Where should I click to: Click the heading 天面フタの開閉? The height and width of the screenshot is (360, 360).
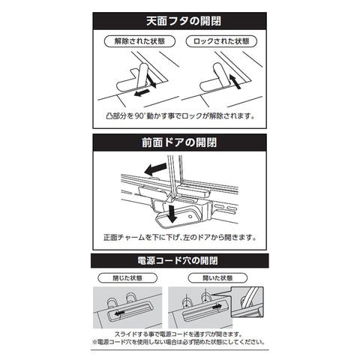[184, 21]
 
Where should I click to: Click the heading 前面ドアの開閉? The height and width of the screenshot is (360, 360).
[179, 142]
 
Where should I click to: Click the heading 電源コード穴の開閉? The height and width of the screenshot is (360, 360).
[178, 261]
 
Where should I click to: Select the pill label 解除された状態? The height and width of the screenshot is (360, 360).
[139, 41]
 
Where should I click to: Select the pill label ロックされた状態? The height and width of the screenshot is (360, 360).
[221, 41]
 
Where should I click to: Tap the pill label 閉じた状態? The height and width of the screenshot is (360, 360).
[127, 278]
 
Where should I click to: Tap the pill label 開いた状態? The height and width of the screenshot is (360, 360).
[217, 278]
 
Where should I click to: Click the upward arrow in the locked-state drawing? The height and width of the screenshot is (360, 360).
[235, 81]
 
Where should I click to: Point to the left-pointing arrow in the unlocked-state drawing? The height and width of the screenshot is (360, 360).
[142, 93]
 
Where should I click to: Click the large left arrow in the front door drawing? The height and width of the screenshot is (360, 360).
[155, 169]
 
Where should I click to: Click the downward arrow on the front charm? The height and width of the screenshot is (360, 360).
[172, 214]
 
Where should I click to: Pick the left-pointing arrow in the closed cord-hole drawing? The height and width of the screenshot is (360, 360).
[119, 313]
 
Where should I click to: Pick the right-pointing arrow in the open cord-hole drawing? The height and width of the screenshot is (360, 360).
[216, 306]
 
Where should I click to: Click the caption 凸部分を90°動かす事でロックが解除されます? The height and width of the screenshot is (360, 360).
[180, 116]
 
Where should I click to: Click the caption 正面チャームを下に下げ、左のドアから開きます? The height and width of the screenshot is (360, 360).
[180, 237]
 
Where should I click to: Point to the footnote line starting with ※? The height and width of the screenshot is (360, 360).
[178, 342]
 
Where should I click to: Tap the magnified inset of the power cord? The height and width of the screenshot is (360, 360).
[247, 302]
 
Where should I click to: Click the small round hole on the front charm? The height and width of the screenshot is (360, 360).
[190, 217]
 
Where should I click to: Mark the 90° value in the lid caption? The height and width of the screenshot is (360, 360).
[139, 116]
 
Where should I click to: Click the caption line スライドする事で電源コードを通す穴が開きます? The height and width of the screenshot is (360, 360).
[178, 334]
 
